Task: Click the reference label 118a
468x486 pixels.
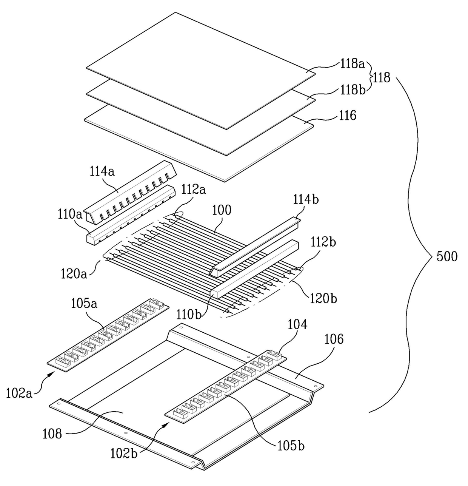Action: tap(353, 64)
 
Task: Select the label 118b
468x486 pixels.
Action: tap(353, 89)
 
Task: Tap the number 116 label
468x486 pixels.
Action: tap(348, 116)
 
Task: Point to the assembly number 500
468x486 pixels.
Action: tap(447, 256)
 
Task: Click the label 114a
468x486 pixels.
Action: tap(102, 172)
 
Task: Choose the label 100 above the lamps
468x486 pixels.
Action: tap(222, 210)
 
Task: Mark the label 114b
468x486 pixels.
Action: tap(306, 200)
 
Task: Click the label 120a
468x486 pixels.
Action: tap(74, 274)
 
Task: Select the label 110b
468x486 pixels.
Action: tap(189, 315)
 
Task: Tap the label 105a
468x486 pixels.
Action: tap(84, 304)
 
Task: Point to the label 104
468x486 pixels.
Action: tap(297, 324)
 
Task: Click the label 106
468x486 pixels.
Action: tap(334, 339)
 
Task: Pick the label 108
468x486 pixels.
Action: tap(52, 434)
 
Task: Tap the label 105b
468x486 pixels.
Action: tap(291, 446)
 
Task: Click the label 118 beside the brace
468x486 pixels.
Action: tap(382, 78)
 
